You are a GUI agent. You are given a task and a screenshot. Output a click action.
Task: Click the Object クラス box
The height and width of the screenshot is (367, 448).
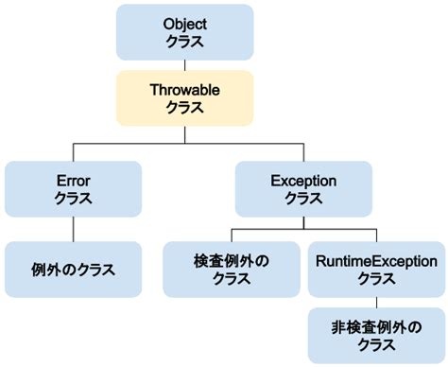185,31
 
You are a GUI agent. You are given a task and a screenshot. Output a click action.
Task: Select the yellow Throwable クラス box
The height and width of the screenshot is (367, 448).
185,98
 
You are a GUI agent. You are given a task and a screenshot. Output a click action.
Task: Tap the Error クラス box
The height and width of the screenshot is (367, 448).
73,188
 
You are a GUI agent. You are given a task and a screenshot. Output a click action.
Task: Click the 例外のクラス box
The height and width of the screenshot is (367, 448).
73,270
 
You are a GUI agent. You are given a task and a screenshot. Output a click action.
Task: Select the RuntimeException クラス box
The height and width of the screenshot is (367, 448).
376,270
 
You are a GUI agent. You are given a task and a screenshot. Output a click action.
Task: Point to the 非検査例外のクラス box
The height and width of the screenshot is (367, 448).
376,336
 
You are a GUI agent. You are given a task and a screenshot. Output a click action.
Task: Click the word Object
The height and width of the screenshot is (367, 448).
185,23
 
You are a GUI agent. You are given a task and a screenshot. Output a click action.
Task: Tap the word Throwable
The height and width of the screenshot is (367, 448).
185,90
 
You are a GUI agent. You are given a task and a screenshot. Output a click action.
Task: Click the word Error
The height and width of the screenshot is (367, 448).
73,180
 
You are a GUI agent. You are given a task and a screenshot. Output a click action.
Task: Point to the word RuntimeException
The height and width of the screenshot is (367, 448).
376,261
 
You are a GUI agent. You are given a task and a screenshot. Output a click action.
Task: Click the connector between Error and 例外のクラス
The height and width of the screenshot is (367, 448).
73,229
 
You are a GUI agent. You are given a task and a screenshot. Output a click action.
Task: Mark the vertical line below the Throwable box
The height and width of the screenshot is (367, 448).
185,135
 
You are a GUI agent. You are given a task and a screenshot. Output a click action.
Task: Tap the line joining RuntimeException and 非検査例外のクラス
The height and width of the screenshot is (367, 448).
376,303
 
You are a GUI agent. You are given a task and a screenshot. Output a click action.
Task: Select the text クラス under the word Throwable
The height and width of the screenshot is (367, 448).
185,108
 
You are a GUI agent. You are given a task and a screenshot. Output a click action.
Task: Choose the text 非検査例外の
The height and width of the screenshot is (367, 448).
376,327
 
